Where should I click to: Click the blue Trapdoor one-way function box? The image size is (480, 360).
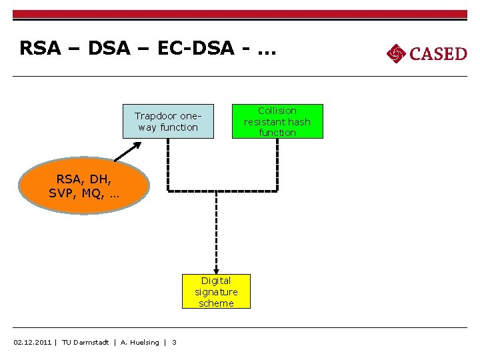[x=168, y=121]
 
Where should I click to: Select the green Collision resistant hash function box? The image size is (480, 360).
[x=277, y=121]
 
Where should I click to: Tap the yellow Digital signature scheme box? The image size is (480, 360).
[x=216, y=292]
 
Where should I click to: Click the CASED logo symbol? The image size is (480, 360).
[x=396, y=53]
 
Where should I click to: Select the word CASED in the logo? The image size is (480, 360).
[x=438, y=53]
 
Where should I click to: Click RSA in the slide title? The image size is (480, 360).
[x=39, y=49]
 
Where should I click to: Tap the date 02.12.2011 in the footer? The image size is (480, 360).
[x=33, y=343]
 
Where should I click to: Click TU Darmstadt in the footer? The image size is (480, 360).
[x=85, y=343]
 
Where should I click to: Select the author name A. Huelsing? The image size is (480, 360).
[x=140, y=343]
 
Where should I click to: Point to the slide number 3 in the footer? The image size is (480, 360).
[x=175, y=343]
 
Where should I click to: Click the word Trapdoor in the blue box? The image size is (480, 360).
[x=157, y=116]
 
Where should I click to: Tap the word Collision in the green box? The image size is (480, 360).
[x=277, y=111]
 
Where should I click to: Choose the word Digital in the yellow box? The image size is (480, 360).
[x=216, y=281]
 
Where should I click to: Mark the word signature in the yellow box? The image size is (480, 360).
[x=216, y=292]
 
